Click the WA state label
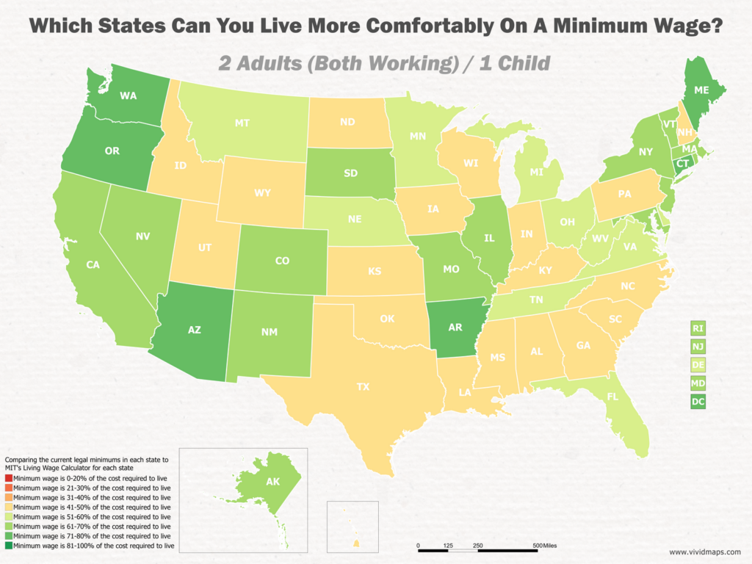point(129,95)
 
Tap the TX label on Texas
point(363,386)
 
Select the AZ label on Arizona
point(195,330)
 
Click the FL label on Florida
point(612,397)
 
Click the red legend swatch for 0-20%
point(8,478)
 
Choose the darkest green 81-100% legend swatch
point(8,546)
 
